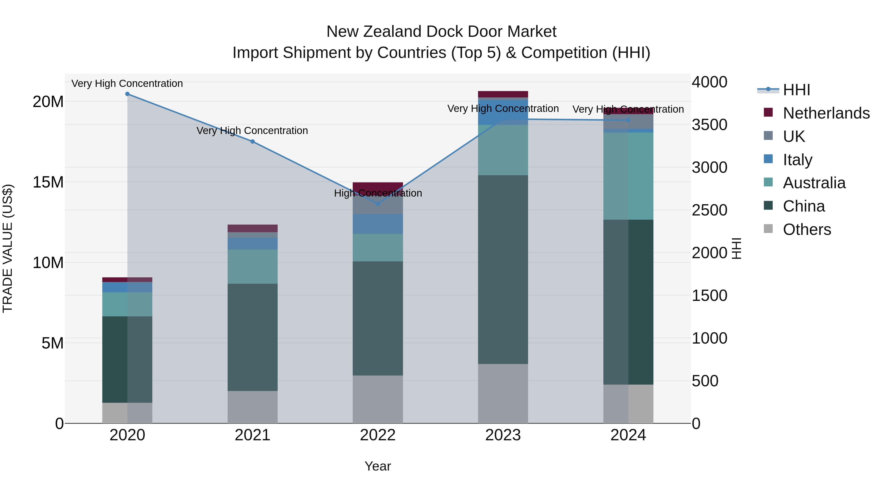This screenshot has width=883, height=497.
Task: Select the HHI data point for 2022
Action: click(x=378, y=204)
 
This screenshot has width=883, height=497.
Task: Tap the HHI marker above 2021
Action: click(x=252, y=141)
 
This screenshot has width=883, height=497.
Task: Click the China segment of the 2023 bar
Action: click(x=503, y=269)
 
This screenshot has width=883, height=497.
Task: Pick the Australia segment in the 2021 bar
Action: click(x=252, y=267)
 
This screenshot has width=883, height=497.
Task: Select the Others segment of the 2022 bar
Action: click(x=378, y=399)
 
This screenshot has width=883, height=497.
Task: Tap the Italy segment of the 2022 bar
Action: click(x=378, y=224)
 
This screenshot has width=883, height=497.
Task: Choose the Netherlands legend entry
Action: click(x=826, y=113)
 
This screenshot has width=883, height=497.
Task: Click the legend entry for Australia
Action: click(x=814, y=183)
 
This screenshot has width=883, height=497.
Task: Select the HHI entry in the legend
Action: click(x=796, y=90)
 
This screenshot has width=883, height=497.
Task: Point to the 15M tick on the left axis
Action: click(x=48, y=182)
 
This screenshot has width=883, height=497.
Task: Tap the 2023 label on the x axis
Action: click(x=503, y=435)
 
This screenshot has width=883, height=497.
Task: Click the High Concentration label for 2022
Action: click(x=378, y=193)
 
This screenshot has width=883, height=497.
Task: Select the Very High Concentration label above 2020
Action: click(x=127, y=84)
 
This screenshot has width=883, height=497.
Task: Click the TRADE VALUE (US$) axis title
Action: click(x=8, y=248)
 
